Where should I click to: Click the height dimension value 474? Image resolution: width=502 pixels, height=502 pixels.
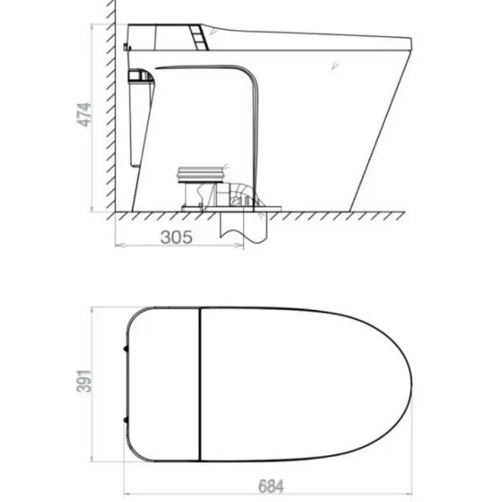tap(84, 115)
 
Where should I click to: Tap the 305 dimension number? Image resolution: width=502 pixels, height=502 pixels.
tap(176, 238)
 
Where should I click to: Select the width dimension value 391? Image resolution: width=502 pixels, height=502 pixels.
tap(84, 381)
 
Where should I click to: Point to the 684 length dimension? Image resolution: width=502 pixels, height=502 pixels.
tap(271, 486)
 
